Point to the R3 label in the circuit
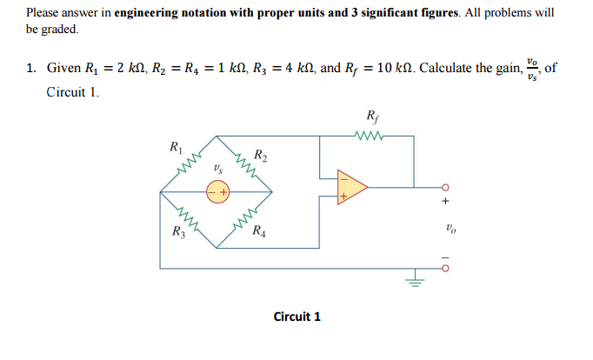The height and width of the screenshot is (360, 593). pyautogui.click(x=177, y=232)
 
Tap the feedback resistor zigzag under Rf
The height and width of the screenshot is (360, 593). pyautogui.click(x=371, y=135)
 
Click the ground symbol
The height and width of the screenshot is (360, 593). pyautogui.click(x=416, y=281)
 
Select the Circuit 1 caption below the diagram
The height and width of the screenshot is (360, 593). pyautogui.click(x=296, y=316)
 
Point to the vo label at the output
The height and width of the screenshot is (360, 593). pyautogui.click(x=449, y=231)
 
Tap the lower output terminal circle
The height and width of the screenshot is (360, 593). pyautogui.click(x=445, y=269)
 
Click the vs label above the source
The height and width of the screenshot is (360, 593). pyautogui.click(x=217, y=165)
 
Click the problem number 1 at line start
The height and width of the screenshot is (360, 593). pyautogui.click(x=29, y=68)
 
